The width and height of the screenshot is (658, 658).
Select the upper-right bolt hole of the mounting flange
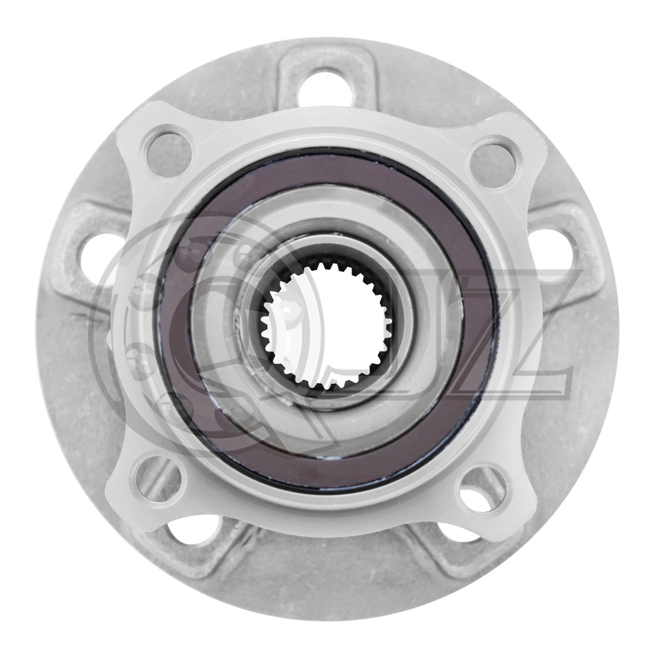pos(495,159)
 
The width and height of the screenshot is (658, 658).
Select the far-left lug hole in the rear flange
pos(98,255)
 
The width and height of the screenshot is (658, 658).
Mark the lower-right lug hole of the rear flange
pos(458,534)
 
